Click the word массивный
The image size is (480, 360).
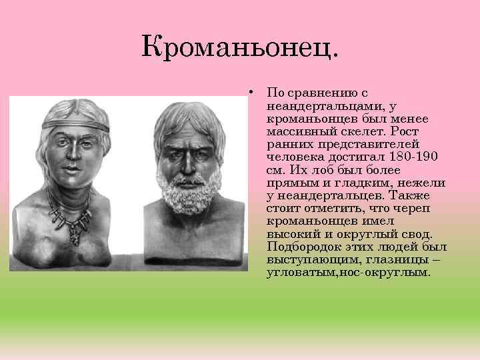click(301, 131)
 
